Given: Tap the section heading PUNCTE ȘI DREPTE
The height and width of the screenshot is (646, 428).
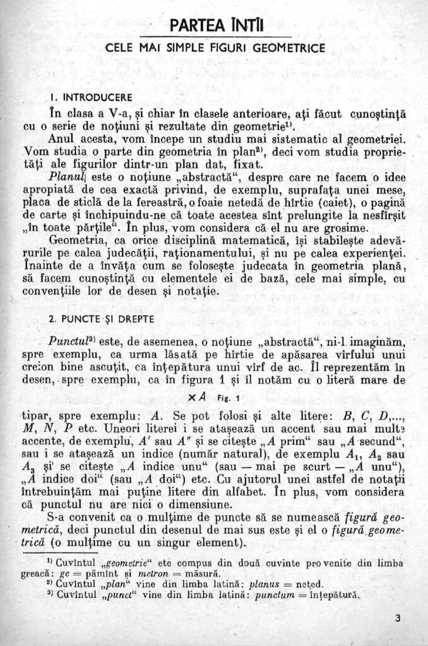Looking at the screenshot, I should coord(105,318).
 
